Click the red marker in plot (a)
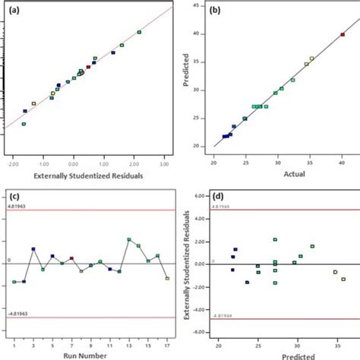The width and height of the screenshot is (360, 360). pos(88,67)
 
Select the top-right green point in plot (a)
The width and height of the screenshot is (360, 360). pos(139,33)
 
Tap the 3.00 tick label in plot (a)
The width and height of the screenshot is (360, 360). pos(164,163)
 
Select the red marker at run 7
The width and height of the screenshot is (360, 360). pos(71,259)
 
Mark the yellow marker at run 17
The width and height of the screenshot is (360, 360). pos(167,279)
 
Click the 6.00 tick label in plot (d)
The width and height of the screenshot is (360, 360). pos(202,195)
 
